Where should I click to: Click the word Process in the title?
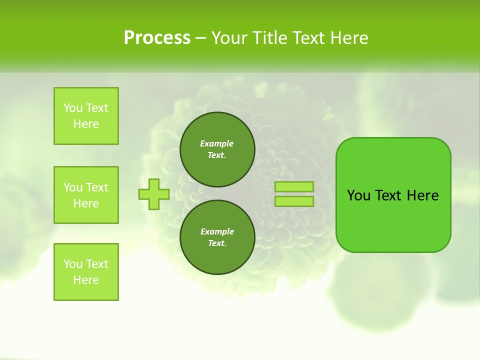point(157,37)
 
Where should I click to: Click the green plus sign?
point(153,194)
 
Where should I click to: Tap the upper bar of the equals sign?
point(294,186)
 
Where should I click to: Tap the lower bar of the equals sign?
point(294,201)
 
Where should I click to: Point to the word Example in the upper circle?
point(217,143)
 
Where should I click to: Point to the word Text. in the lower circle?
point(217,243)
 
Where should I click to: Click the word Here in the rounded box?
point(422,195)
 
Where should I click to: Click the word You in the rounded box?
point(358,195)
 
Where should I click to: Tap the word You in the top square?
point(73,108)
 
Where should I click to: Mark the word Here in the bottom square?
point(86,280)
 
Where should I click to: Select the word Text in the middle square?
point(96,187)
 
